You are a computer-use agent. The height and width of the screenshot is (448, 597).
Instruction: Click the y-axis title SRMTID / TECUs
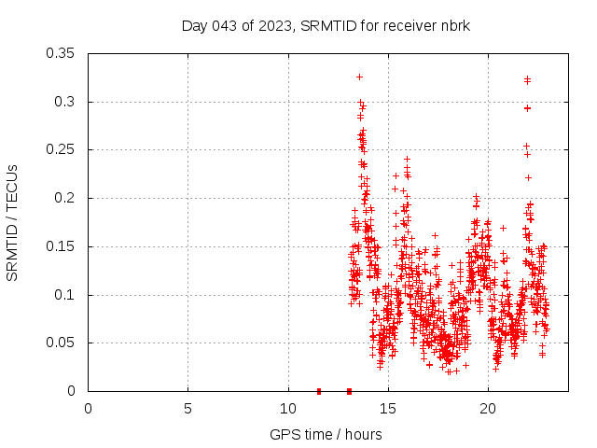click(x=12, y=222)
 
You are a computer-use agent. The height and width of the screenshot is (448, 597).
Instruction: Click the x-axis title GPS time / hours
click(x=326, y=434)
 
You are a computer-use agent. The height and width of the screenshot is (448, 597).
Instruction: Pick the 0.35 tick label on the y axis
click(x=61, y=53)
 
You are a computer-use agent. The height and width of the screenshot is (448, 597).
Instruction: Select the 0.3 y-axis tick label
click(x=64, y=102)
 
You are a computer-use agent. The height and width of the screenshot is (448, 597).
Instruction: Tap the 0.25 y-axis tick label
click(x=61, y=149)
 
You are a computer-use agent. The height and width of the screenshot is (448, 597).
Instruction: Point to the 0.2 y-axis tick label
click(x=64, y=198)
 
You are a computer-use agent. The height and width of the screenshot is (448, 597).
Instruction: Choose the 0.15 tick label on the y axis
click(x=61, y=246)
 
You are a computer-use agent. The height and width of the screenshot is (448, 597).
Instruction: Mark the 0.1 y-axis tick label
click(x=64, y=295)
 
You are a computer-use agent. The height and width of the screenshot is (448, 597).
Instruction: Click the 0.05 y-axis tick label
click(x=61, y=343)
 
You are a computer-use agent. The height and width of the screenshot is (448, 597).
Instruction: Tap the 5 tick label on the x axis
click(x=187, y=408)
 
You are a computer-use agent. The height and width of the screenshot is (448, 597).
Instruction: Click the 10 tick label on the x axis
click(x=287, y=408)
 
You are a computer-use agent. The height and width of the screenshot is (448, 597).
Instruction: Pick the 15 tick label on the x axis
click(x=387, y=408)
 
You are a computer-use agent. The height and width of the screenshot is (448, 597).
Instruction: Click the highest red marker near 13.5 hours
click(x=359, y=77)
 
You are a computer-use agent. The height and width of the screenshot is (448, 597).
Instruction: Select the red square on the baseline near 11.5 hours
click(x=319, y=391)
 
